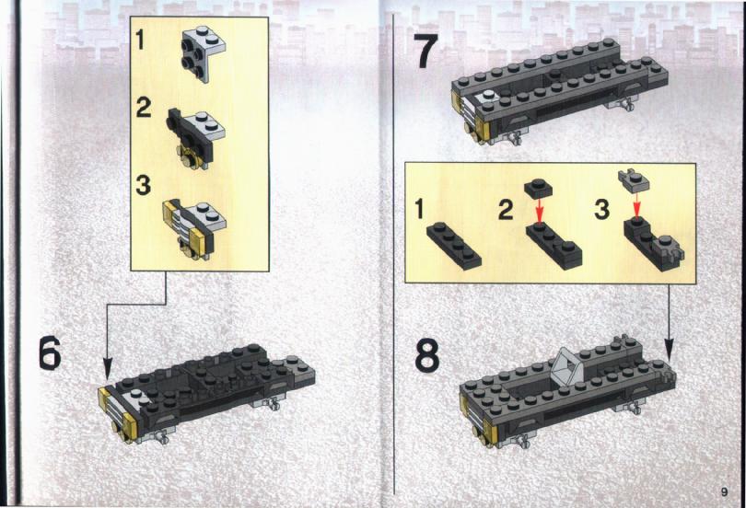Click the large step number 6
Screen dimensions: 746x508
coord(50,352)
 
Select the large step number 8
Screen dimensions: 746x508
coord(426,356)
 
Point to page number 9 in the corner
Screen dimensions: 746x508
coord(724,491)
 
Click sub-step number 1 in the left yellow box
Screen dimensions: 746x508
coord(140,40)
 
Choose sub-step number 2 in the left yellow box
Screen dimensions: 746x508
coord(143,108)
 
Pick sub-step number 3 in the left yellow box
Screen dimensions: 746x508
coord(143,185)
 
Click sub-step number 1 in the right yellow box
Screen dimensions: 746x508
coord(419,209)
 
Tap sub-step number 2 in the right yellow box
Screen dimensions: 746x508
coord(506,210)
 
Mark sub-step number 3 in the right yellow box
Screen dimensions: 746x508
coord(601,210)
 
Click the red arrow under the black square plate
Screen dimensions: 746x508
coord(539,211)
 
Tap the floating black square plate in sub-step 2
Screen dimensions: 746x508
coord(538,188)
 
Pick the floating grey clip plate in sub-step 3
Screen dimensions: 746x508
coord(634,181)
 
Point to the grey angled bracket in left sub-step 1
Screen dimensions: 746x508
coord(204,53)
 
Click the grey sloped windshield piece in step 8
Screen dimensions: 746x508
coord(566,364)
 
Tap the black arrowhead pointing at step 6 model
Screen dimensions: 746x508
coord(108,370)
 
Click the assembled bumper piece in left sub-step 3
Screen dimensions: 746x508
coord(194,229)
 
